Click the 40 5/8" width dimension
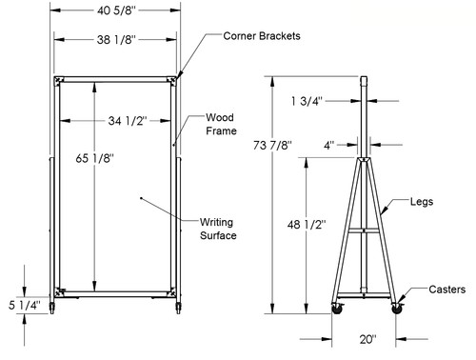(x=116, y=10)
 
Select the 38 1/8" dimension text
(x=116, y=40)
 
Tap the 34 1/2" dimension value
(x=128, y=121)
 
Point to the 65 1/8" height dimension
(x=94, y=158)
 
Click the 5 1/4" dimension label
(x=25, y=305)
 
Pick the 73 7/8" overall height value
(x=272, y=145)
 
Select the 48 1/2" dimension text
(x=307, y=225)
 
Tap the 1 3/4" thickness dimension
(x=307, y=101)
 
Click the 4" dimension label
(x=329, y=146)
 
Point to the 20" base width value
(x=368, y=339)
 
